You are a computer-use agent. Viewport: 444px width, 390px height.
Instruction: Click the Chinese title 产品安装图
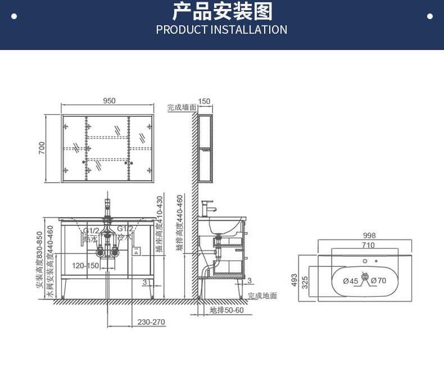(221, 11)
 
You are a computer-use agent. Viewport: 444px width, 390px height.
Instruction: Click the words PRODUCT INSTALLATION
(221, 30)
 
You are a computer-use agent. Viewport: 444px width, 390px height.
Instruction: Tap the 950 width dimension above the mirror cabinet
(109, 101)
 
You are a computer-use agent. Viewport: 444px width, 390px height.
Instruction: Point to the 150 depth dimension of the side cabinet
(204, 102)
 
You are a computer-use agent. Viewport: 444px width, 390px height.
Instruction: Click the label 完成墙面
(182, 107)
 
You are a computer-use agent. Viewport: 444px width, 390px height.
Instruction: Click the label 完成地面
(262, 296)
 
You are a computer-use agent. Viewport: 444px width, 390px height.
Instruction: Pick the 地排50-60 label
(227, 310)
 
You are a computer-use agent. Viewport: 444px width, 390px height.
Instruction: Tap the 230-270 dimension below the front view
(151, 322)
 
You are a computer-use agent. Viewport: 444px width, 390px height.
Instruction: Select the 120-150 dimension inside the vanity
(85, 265)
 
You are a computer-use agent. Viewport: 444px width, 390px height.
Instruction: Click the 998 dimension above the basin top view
(369, 236)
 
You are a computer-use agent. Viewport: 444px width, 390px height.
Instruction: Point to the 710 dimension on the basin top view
(368, 246)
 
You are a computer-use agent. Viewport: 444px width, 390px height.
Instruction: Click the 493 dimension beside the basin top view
(294, 280)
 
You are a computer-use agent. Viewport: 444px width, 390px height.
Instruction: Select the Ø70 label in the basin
(379, 281)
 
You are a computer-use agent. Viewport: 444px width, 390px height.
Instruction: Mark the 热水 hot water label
(90, 238)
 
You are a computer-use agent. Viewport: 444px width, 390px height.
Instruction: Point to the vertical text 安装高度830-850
(40, 260)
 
